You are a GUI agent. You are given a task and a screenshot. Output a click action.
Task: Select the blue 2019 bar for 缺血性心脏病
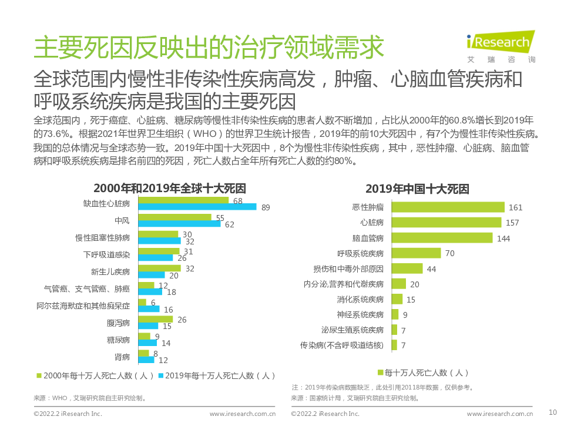point(197,207)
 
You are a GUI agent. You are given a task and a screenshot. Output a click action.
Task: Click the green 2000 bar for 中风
point(174,217)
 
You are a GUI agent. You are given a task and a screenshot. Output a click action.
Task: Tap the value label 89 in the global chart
point(266,207)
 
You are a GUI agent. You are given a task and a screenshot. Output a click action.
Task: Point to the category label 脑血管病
point(368,238)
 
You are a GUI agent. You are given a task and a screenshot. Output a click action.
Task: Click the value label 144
point(503,239)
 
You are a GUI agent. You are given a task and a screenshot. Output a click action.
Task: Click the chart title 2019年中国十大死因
point(417,189)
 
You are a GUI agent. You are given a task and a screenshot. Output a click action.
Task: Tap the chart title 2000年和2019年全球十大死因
point(169,189)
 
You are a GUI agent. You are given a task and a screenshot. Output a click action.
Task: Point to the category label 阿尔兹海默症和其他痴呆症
point(83,305)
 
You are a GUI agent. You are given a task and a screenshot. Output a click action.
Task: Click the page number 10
point(552,412)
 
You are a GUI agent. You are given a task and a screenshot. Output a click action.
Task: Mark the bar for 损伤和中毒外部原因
point(407,268)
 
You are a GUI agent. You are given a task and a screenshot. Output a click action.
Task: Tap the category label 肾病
point(122,357)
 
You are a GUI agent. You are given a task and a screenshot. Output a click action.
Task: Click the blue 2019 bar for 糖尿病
point(147,343)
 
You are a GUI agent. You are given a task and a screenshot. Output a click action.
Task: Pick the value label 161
point(515,207)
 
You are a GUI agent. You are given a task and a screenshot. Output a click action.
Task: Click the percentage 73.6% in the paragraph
point(48,133)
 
